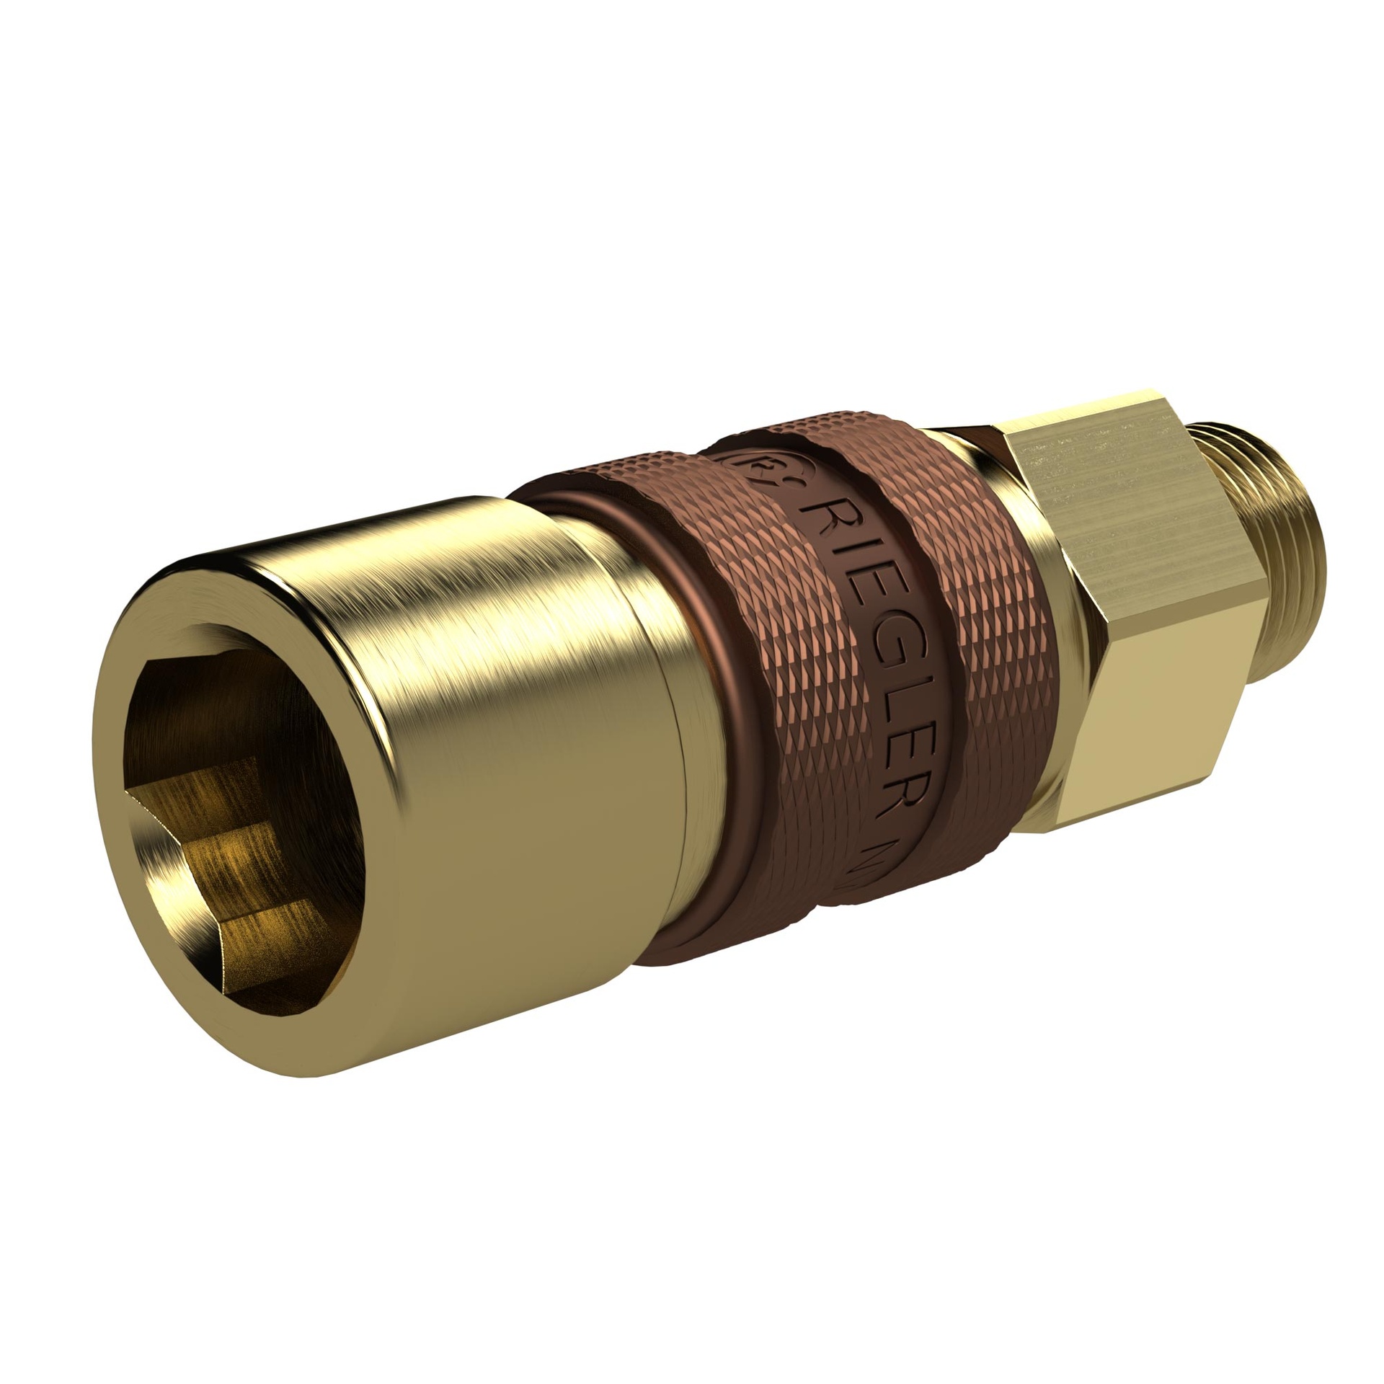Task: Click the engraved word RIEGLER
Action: pyautogui.click(x=876, y=649)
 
